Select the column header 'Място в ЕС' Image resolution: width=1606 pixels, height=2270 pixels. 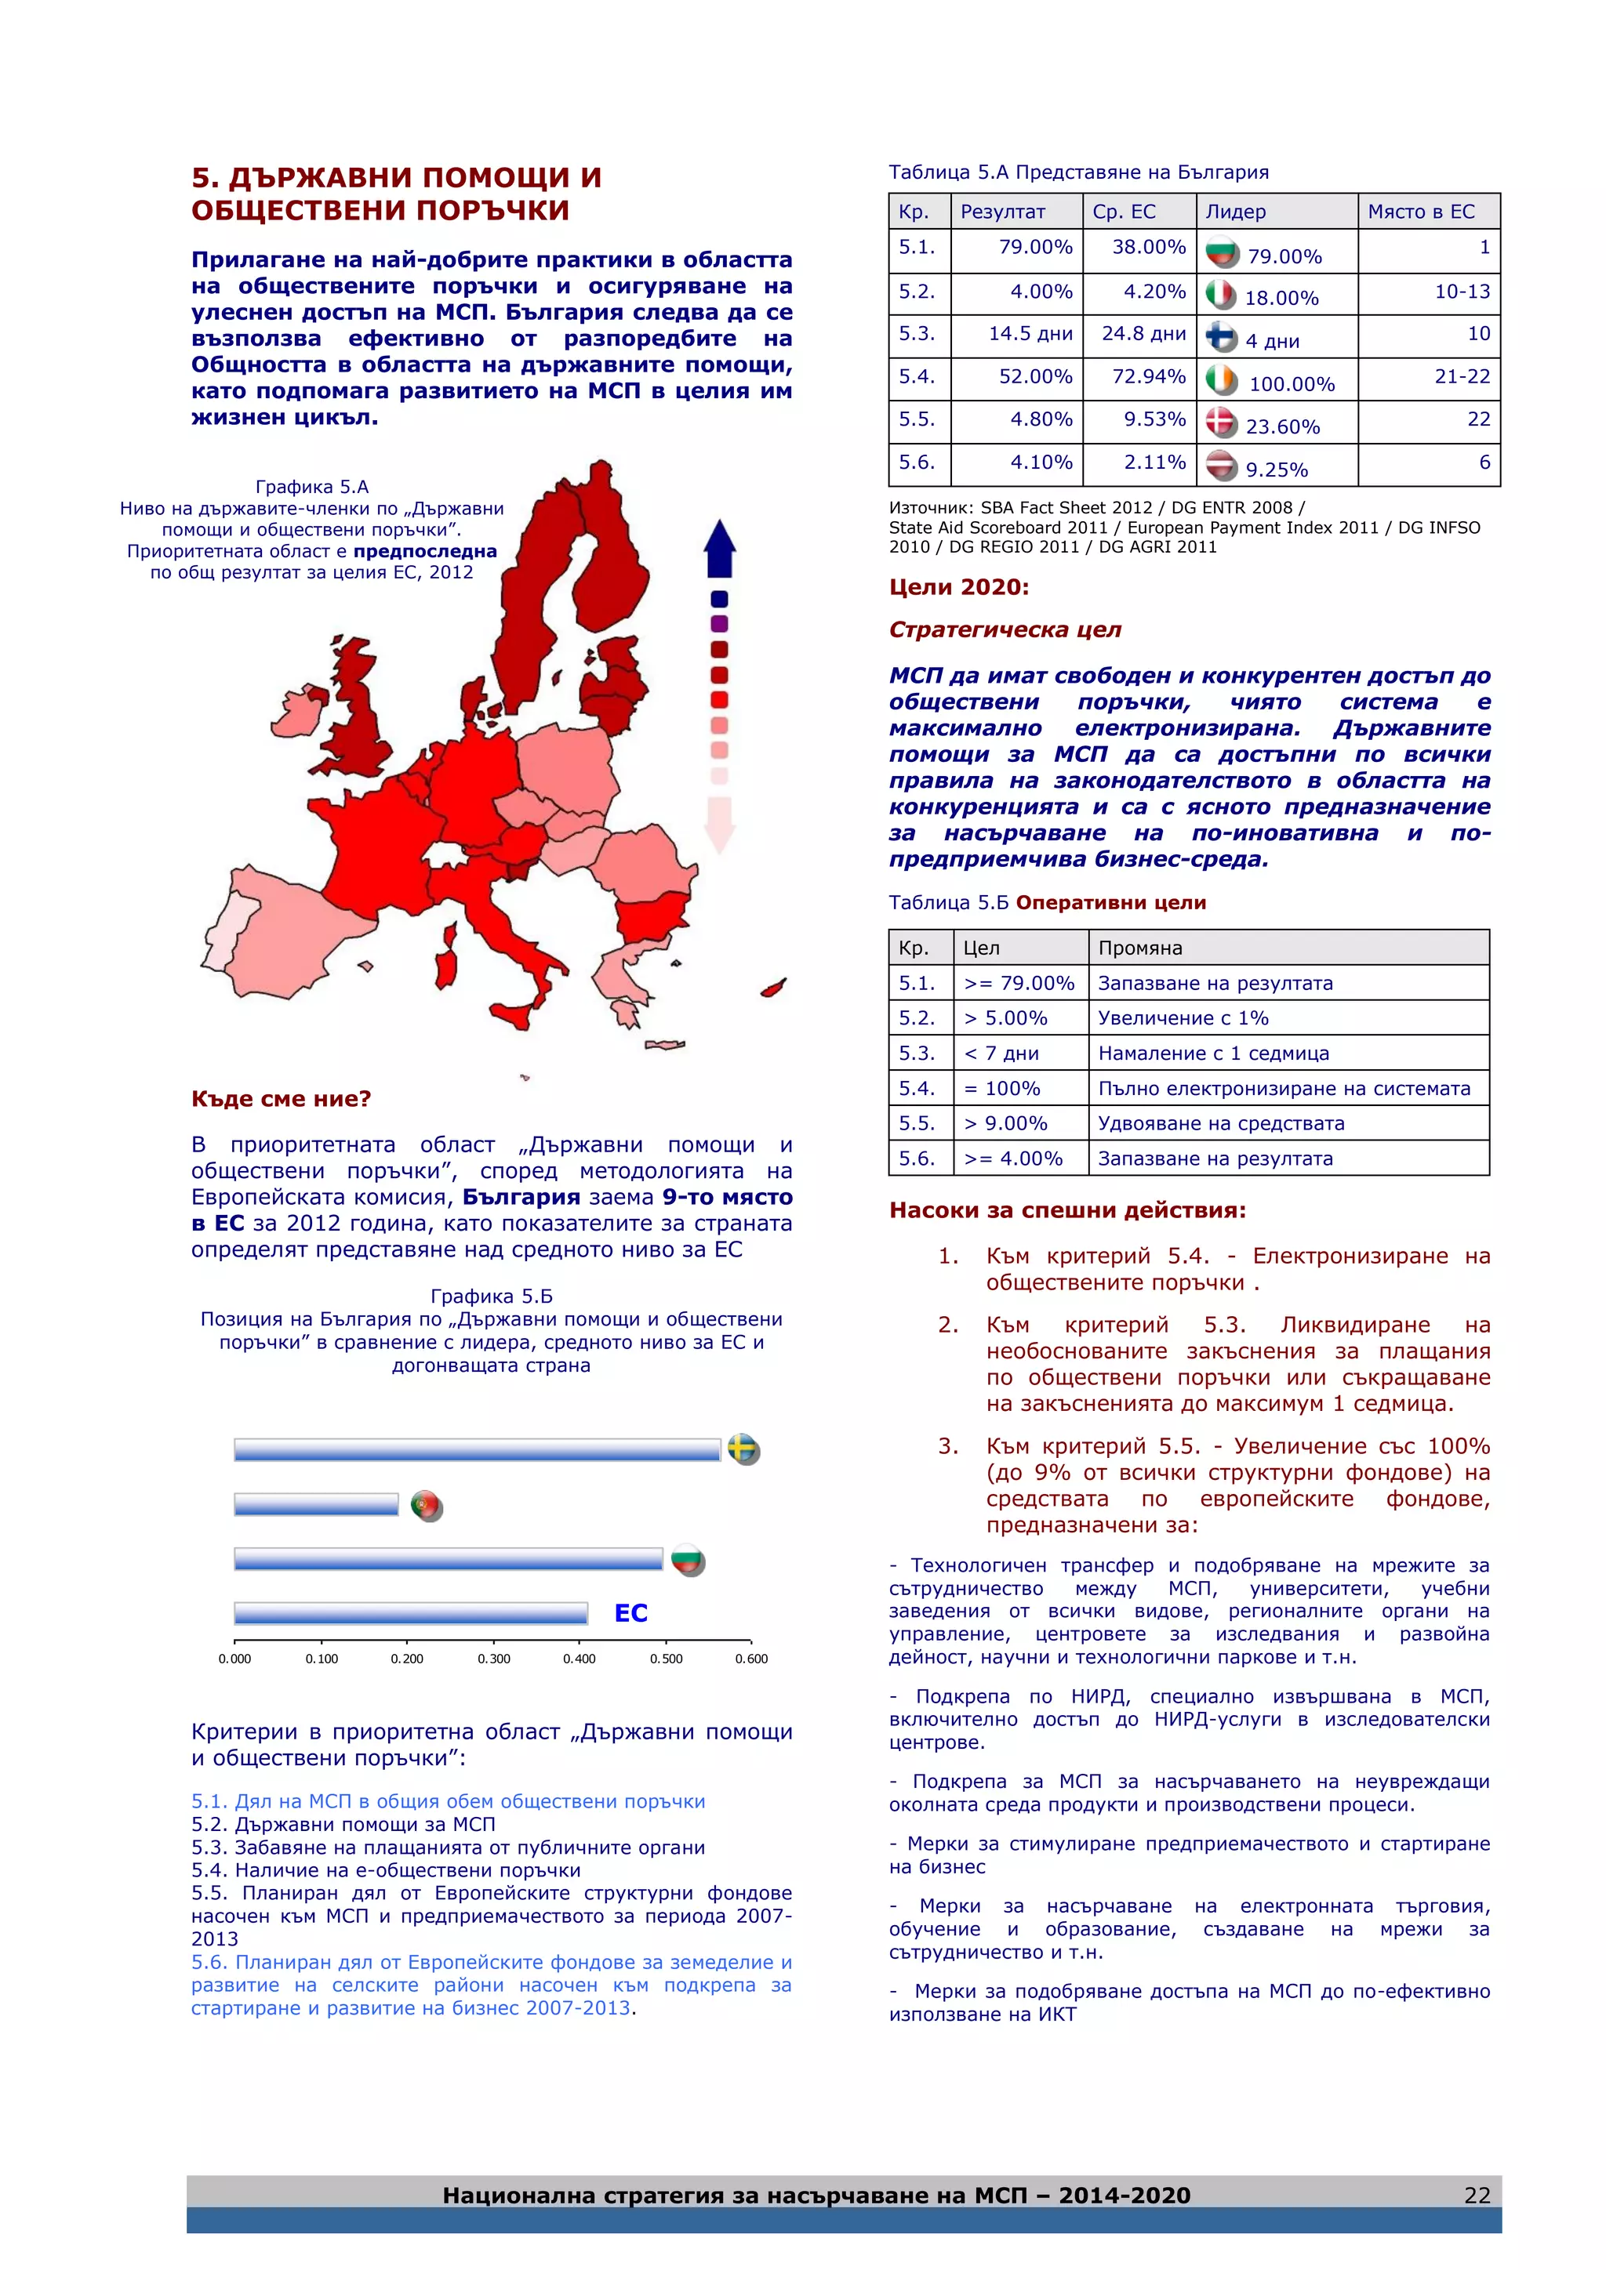1420,212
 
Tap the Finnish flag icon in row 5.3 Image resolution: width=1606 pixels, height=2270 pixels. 1221,337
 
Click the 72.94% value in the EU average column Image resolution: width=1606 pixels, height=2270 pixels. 1147,377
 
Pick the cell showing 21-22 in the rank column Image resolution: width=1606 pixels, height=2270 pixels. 1461,377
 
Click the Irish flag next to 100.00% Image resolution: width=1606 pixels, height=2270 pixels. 1221,379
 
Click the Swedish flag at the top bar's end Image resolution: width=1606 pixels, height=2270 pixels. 743,1449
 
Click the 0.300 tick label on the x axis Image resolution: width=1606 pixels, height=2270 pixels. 493,1659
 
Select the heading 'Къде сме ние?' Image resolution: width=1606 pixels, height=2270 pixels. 281,1098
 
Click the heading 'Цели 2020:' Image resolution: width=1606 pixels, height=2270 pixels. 958,587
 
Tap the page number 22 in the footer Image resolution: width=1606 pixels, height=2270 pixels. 1477,2196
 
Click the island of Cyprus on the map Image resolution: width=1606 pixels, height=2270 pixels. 773,988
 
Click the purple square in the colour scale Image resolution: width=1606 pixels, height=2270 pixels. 719,624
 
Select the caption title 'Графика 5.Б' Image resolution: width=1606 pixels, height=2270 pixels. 492,1296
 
